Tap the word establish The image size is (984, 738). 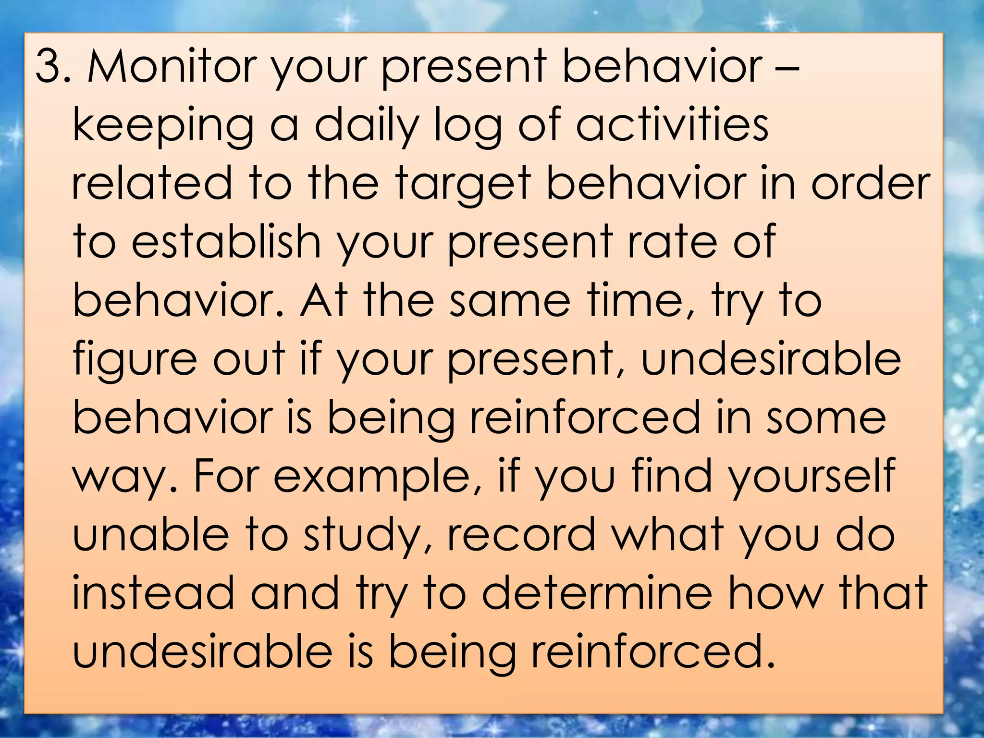click(x=226, y=241)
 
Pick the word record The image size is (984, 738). click(x=522, y=534)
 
